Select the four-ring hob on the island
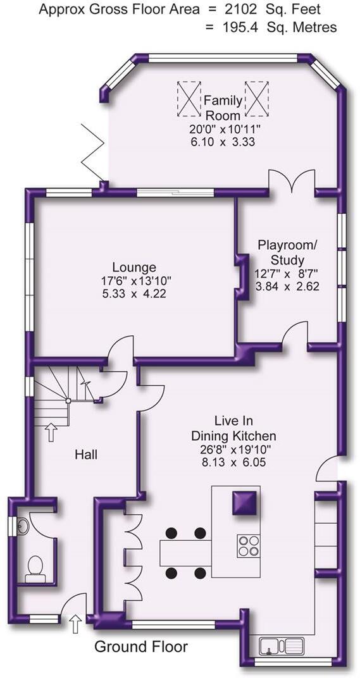coord(249,546)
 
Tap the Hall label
coord(86,455)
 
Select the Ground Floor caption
coord(141,647)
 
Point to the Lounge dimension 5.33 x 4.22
coord(134,294)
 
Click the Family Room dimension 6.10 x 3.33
coord(223,142)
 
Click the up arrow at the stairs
coord(51,432)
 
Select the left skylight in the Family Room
coord(189,99)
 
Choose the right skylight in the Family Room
coord(258,99)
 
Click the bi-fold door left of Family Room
coord(92,152)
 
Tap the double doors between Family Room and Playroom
coord(292,180)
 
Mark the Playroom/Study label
coord(287,252)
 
